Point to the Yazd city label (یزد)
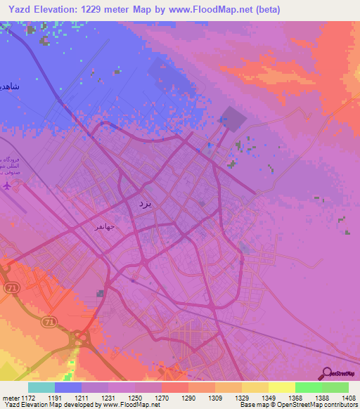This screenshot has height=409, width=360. click(143, 203)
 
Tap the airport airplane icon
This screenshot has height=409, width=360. click(8, 187)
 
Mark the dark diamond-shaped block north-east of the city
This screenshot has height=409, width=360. click(231, 117)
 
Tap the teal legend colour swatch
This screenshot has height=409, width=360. click(41, 387)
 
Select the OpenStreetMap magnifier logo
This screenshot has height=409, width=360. click(326, 373)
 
